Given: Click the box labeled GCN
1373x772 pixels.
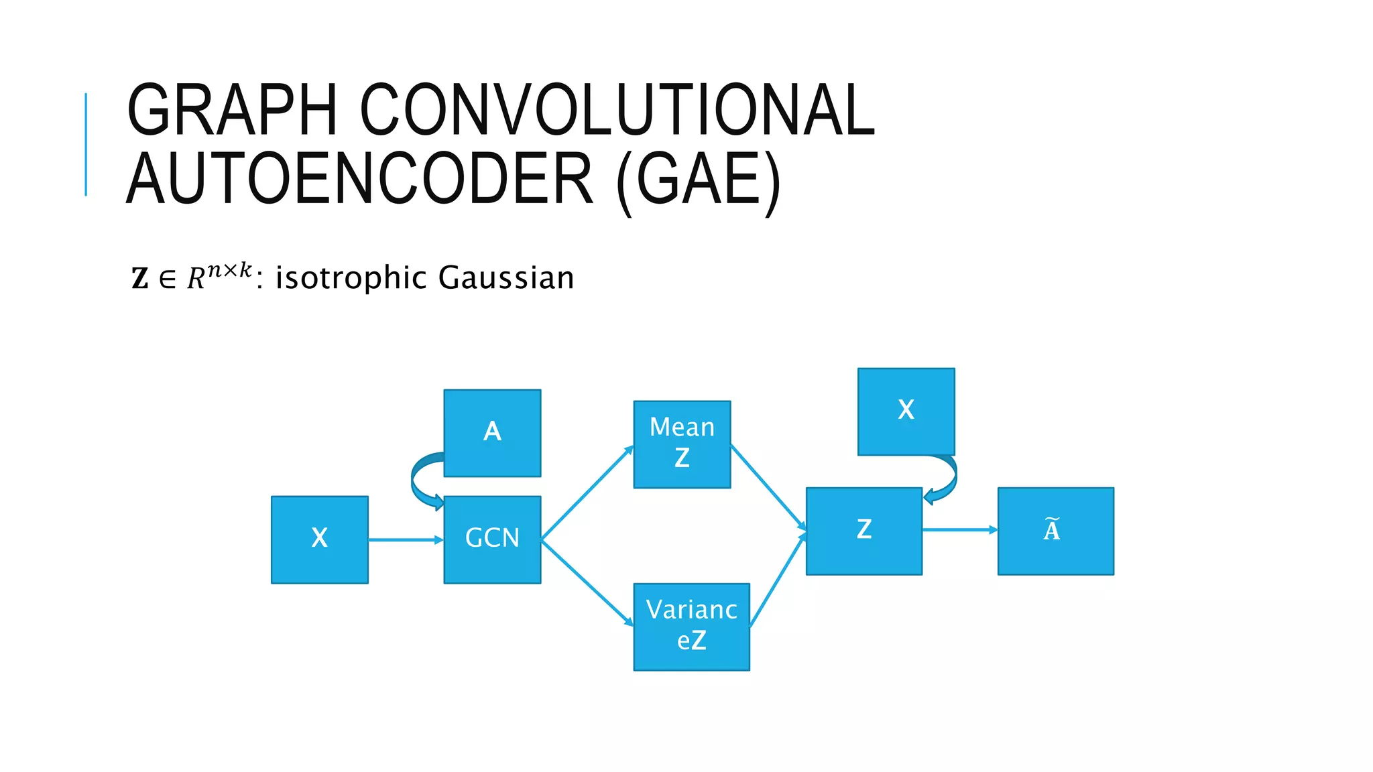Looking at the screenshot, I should (492, 539).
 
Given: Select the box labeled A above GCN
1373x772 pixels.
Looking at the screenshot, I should (492, 433).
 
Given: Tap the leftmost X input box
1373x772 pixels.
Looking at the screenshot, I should (319, 539).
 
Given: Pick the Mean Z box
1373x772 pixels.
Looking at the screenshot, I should (682, 444).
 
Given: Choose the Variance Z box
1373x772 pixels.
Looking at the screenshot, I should (691, 627).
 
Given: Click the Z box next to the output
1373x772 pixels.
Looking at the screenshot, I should (863, 531).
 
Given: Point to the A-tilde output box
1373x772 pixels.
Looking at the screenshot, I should (1055, 531).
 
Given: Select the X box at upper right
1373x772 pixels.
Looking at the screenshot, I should (906, 411).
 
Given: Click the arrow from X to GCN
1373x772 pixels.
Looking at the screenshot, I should (405, 539).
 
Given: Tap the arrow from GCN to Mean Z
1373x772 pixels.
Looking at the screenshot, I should (587, 493).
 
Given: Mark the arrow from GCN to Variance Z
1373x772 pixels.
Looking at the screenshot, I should (587, 582).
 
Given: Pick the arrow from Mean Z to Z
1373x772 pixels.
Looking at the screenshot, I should (768, 487).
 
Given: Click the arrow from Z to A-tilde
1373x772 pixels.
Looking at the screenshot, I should (959, 530).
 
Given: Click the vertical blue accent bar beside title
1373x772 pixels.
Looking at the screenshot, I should (86, 144).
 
